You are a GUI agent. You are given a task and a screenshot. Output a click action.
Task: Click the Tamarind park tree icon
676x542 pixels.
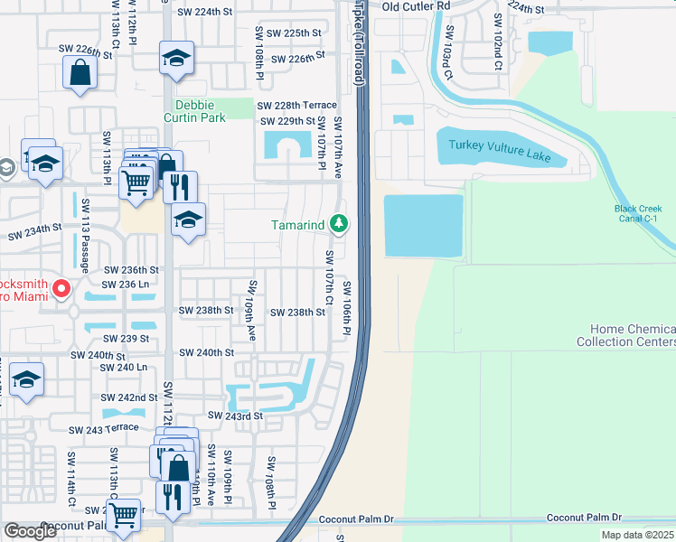pyautogui.click(x=339, y=222)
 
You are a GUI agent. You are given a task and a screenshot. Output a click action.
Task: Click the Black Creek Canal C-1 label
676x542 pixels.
pyautogui.click(x=643, y=213)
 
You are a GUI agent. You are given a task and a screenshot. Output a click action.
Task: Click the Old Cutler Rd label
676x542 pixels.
pyautogui.click(x=416, y=6)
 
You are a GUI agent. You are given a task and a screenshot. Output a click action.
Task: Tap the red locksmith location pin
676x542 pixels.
pyautogui.click(x=61, y=289)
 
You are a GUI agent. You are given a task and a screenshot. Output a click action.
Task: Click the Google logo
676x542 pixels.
pyautogui.click(x=30, y=531)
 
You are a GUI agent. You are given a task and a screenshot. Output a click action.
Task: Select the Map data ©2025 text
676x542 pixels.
pyautogui.click(x=636, y=535)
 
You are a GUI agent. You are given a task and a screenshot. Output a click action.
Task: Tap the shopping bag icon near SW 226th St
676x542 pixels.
pyautogui.click(x=80, y=71)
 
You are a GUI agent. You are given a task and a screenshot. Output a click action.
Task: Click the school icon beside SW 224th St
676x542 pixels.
pyautogui.click(x=176, y=60)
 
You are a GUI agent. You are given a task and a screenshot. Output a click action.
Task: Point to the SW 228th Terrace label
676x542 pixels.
pyautogui.click(x=298, y=106)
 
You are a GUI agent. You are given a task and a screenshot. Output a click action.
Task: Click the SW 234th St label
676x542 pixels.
pyautogui.click(x=35, y=233)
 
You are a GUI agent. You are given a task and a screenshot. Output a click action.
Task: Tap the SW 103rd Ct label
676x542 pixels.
pyautogui.click(x=447, y=51)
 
